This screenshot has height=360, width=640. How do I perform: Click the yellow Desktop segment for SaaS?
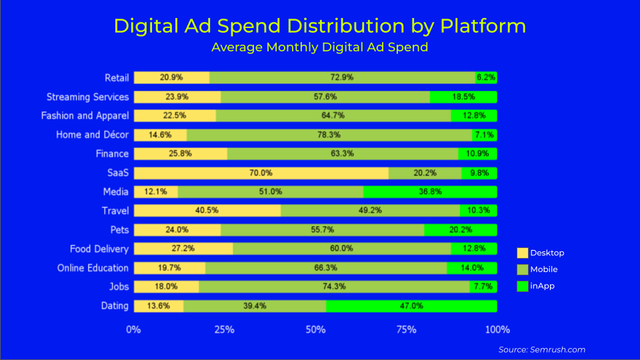(260, 173)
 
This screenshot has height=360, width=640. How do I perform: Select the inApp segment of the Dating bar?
(411, 306)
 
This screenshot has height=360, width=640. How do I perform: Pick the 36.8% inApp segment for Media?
(429, 192)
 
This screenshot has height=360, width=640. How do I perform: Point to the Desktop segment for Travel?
(207, 211)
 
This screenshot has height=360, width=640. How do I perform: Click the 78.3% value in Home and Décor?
(329, 135)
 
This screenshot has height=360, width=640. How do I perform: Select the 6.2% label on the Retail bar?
(486, 77)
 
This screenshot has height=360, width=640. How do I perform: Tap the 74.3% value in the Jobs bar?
(335, 287)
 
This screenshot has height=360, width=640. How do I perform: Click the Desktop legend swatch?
(522, 253)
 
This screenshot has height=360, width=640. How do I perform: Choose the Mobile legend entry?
(543, 269)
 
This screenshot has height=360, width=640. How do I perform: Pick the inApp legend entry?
(541, 286)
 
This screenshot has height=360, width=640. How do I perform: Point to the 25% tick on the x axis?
(225, 329)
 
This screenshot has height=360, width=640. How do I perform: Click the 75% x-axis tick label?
(406, 329)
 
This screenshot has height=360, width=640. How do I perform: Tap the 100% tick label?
(497, 329)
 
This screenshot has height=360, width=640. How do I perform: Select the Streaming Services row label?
(87, 97)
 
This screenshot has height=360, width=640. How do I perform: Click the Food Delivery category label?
(99, 249)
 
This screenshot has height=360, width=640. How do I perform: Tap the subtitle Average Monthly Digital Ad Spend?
(319, 47)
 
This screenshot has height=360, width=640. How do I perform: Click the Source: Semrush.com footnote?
(541, 349)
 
